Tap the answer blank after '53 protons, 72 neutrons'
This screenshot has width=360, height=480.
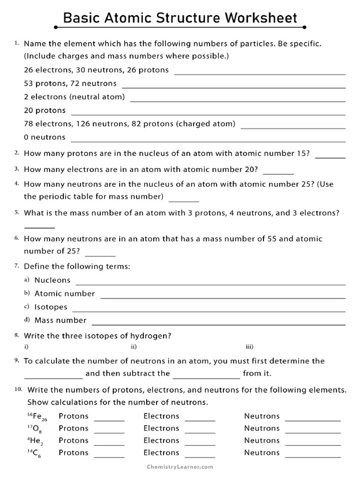pos(233,87)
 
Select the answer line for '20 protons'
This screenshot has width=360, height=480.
pos(208,114)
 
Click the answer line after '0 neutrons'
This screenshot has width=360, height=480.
pos(208,141)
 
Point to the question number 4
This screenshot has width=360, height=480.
pos(16,183)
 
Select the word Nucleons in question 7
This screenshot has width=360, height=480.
pos(52,280)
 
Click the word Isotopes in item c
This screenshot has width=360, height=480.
pos(51,307)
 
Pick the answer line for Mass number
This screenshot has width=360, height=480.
pos(218,324)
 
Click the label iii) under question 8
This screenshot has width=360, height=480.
pos(249,347)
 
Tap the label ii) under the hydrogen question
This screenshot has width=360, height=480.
pos(134,347)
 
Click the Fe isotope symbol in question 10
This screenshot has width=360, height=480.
pos(38,417)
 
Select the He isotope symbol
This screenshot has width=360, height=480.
pos(36,441)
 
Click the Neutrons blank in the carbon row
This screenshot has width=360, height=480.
pos(313,456)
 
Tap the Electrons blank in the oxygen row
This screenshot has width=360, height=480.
pos(200,432)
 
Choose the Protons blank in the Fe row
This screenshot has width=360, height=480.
pos(109,420)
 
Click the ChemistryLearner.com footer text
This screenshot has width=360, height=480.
pos(180,467)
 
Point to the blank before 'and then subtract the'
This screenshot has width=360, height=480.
pos(53,377)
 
